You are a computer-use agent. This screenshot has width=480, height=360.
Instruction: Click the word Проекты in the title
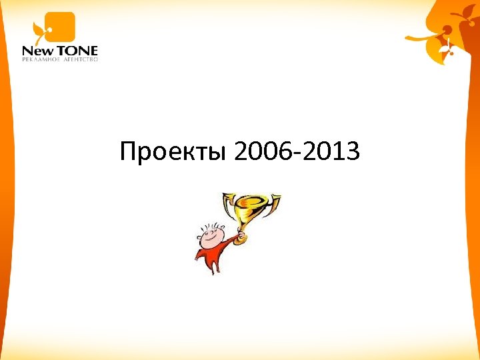coord(174,153)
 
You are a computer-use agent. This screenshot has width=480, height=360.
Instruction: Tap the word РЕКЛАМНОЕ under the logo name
coord(41,59)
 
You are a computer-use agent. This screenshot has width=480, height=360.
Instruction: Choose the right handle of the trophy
coord(275,201)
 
